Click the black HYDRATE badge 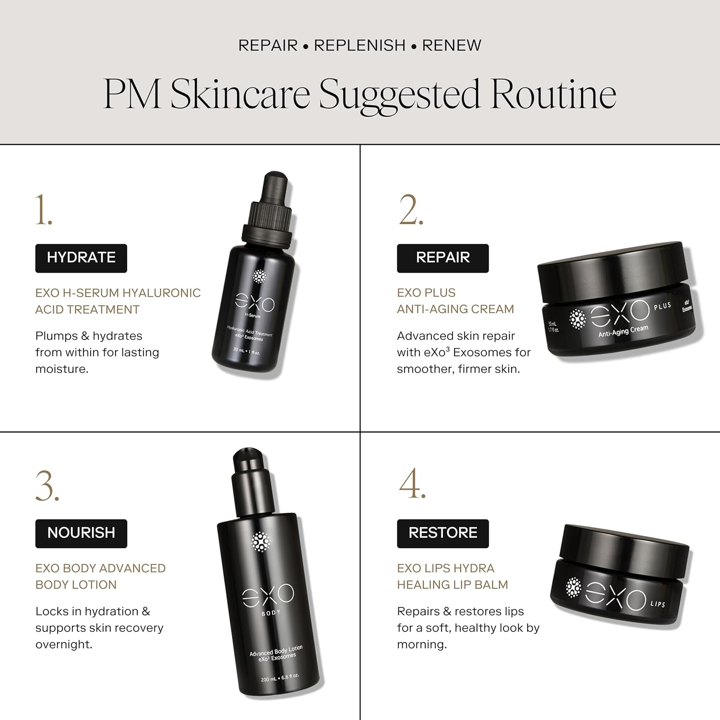point(81,258)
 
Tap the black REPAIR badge point(443,258)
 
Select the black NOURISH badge point(81,533)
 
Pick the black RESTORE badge point(443,533)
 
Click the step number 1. point(43,210)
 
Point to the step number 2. point(411,210)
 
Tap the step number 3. point(47,486)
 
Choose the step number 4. point(412,483)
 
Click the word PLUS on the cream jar point(662,306)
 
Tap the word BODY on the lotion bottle point(271,612)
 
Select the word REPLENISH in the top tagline point(360,45)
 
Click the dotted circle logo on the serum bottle point(260,276)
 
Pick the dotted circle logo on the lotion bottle point(261,542)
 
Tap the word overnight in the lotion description point(64,644)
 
